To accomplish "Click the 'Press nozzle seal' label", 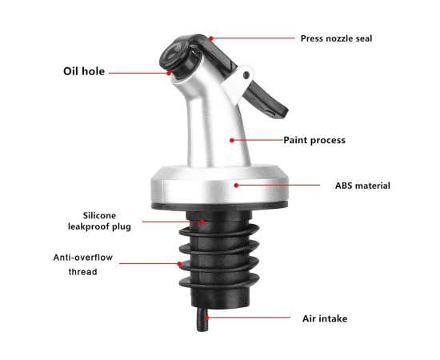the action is [336, 38].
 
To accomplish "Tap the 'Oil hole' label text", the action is [84, 71].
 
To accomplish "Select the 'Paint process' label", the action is [314, 140].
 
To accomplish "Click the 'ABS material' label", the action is [362, 186].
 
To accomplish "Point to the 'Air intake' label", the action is [325, 318].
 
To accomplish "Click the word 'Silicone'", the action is [99, 215].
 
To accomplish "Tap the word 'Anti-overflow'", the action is [83, 258].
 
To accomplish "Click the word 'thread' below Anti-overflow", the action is [82, 272].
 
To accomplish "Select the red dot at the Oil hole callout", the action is [169, 73].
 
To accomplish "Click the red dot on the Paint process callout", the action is [232, 140].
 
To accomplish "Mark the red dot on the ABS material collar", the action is [236, 185].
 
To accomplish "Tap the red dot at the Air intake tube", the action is [206, 318].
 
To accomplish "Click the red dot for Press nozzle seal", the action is [210, 38].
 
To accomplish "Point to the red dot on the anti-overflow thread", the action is [179, 264].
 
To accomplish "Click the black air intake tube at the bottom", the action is [202, 319].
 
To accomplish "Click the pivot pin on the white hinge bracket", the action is [246, 75].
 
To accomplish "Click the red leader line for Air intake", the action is [249, 318].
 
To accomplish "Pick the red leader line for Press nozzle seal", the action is [254, 38].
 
